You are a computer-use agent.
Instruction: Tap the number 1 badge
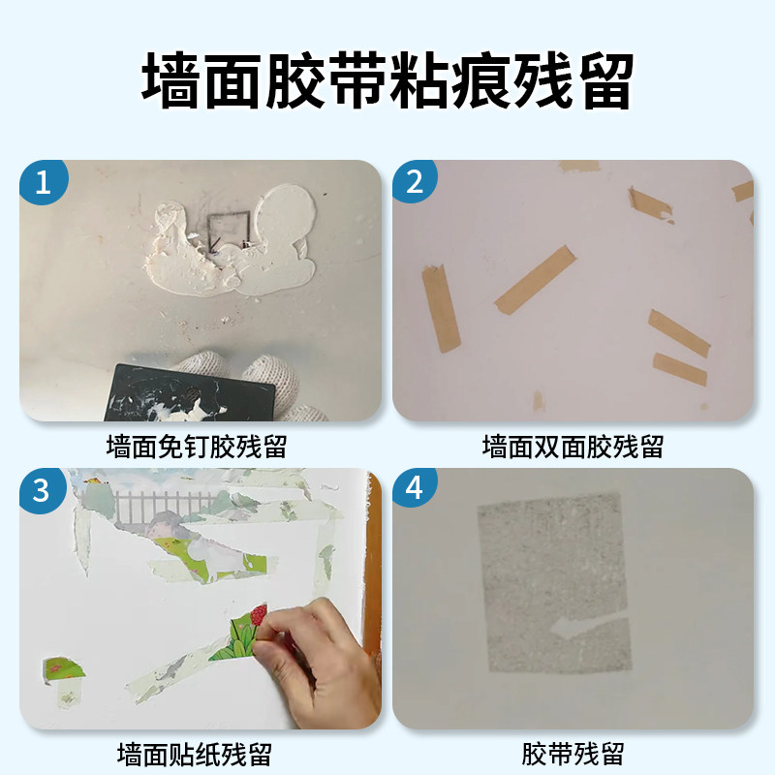point(42,181)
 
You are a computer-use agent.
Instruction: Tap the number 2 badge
point(415,181)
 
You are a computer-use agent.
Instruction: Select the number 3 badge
point(42,490)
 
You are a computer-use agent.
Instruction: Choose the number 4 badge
point(415,490)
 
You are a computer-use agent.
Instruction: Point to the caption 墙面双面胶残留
point(573,447)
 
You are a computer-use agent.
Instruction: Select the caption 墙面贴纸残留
point(195,754)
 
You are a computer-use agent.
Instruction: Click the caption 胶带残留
point(573,754)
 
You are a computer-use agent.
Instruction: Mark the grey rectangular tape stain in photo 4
point(552,581)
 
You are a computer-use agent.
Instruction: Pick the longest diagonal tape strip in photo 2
point(536,279)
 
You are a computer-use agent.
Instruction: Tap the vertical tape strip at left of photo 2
point(441,308)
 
